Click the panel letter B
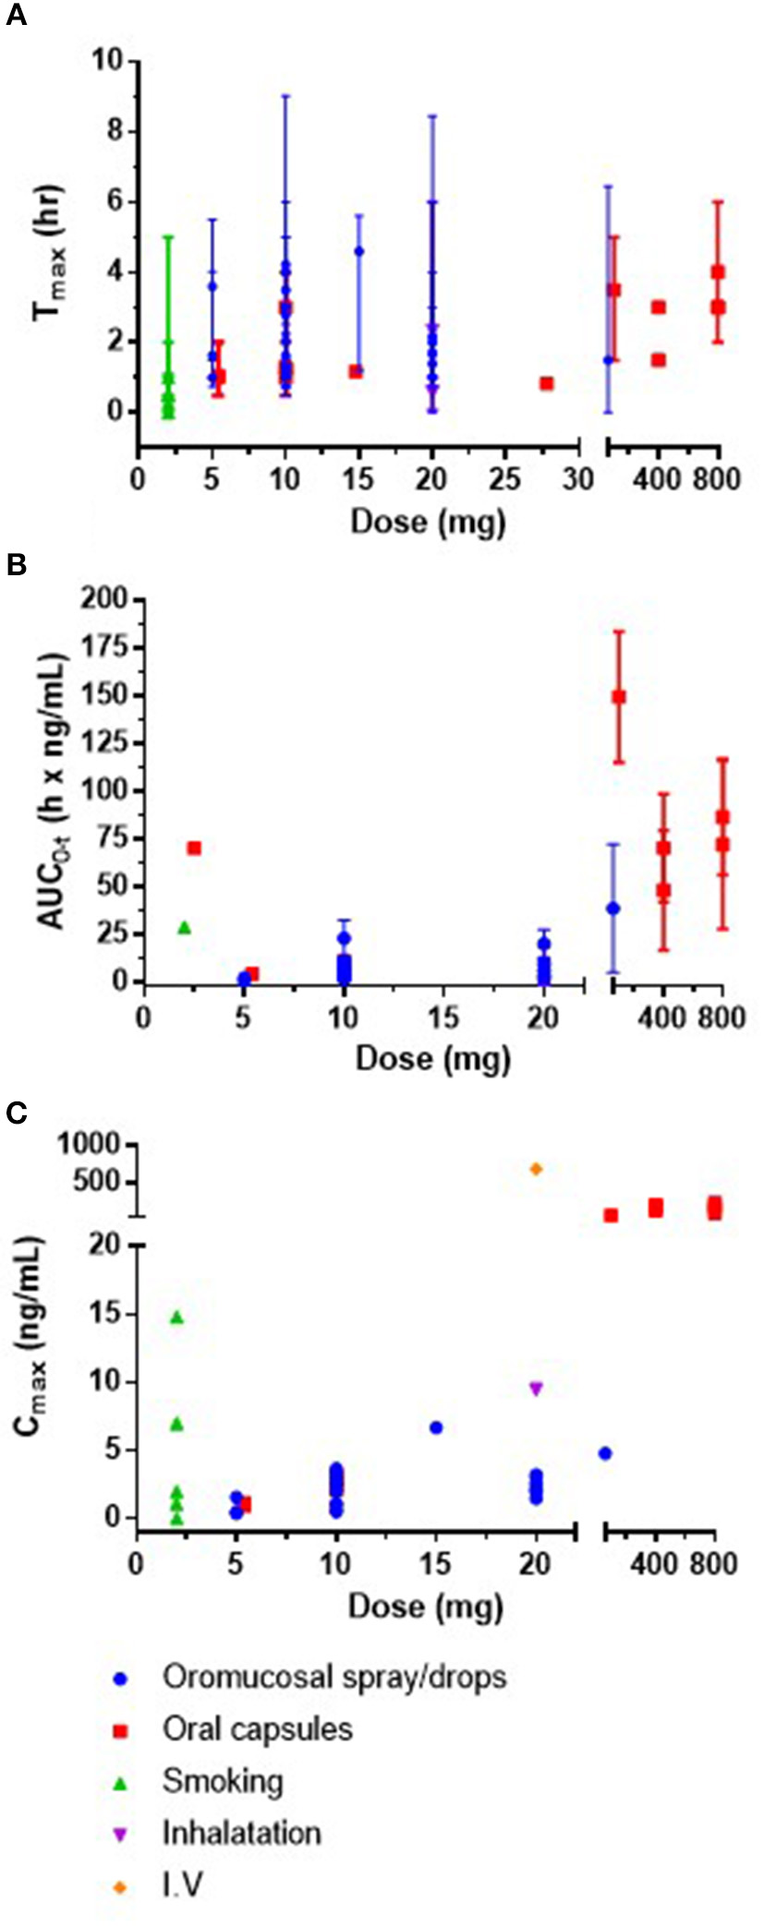coord(16,565)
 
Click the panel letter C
coord(17,1113)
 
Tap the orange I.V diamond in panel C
coord(536,1169)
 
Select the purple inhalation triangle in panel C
coord(536,1388)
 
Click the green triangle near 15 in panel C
coord(177,1318)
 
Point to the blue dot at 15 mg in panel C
coord(436,1427)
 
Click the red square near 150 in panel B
coord(619,696)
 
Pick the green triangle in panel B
coord(184,927)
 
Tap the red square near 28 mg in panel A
coord(547,383)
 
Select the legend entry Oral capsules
coord(257,1727)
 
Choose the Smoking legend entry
coord(222,1780)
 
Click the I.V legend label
coord(182,1884)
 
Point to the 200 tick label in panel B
coord(104,600)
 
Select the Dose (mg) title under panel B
coord(432,1058)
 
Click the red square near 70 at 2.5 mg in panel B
coord(194,848)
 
